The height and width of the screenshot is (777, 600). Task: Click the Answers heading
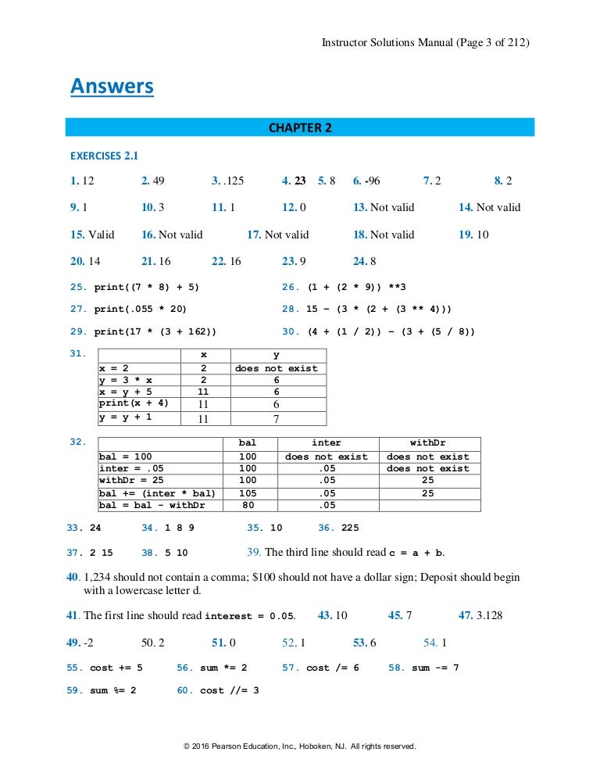pos(112,86)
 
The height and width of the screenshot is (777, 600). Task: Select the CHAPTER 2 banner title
pos(300,128)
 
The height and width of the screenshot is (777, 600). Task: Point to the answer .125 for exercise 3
pos(234,181)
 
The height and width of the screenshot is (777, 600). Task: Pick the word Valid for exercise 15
pos(101,235)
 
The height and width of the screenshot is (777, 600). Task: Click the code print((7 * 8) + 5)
pos(147,287)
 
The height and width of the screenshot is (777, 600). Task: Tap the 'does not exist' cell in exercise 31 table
pos(276,368)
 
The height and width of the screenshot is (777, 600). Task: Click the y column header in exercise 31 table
pos(276,354)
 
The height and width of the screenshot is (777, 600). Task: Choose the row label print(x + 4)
pos(134,403)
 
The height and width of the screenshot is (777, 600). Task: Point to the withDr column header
pos(427,442)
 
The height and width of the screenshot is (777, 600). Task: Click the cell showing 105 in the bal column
pos(247,493)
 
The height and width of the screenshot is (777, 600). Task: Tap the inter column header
pos(326,442)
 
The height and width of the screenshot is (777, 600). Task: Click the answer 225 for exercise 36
pos(350,528)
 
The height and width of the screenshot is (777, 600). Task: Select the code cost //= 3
pos(229,690)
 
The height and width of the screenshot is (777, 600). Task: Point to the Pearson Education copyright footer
pos(300,747)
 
